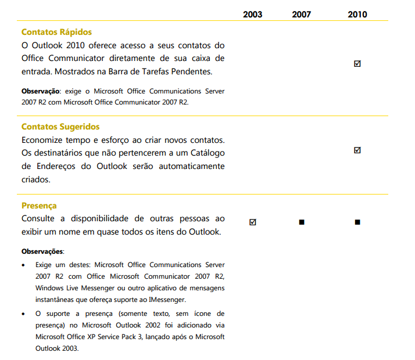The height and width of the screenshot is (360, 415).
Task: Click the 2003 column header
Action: (252, 15)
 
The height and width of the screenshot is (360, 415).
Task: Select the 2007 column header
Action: (301, 15)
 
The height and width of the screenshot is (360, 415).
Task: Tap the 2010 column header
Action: (357, 15)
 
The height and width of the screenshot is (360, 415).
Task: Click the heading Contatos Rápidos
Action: (56, 32)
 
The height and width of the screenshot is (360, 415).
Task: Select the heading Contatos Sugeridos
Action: (60, 127)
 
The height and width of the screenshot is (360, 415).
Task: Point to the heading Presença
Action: (39, 206)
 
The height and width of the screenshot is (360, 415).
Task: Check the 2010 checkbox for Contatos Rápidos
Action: (357, 64)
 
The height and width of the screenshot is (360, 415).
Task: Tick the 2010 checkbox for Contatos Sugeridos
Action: (357, 150)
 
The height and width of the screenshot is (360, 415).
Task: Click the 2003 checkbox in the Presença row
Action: (252, 222)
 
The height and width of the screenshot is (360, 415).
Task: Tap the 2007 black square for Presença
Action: (301, 222)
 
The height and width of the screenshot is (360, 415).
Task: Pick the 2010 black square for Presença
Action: (357, 222)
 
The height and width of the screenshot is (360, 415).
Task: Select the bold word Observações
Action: (42, 251)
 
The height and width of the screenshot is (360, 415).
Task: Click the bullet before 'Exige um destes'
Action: (23, 265)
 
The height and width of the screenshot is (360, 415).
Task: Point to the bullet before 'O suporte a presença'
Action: (23, 314)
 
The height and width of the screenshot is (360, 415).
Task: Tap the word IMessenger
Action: (167, 300)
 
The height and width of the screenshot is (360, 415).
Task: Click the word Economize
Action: (45, 140)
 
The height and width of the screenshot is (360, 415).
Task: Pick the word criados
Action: (37, 180)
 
